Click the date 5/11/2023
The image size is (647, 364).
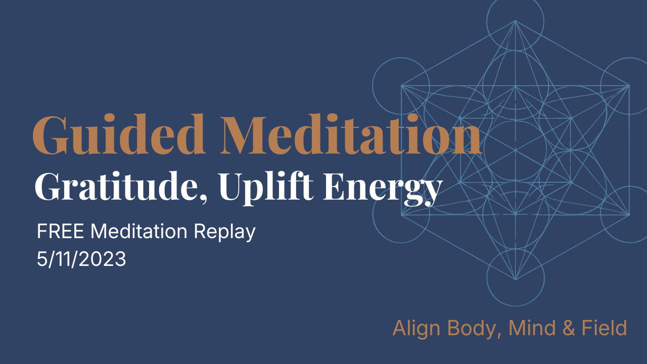81,259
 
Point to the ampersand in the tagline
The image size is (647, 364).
568,329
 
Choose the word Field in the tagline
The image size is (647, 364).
605,328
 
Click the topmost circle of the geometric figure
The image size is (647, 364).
515,20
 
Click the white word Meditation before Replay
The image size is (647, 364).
138,232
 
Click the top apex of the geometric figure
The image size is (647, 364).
515,21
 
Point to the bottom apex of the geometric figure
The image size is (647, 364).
515,280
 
